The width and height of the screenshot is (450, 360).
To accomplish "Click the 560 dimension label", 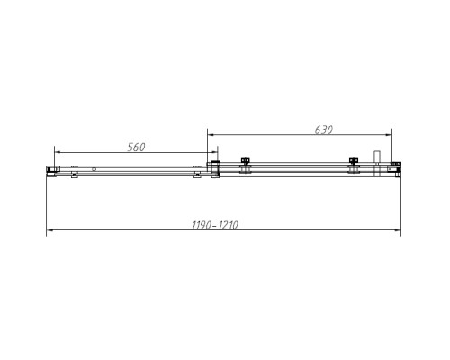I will coord(131,146).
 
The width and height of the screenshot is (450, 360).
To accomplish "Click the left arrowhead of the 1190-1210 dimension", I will coord(49,232).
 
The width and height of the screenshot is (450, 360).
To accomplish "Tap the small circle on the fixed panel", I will coord(93,168).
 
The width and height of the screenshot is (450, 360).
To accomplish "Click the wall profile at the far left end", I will coord(52,169).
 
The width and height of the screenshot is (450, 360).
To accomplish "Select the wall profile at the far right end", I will coord(395,167).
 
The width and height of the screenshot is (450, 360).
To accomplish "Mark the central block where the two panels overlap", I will coord(215,167).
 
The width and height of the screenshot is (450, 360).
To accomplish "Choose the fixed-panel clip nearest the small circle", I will coord(75,168).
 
